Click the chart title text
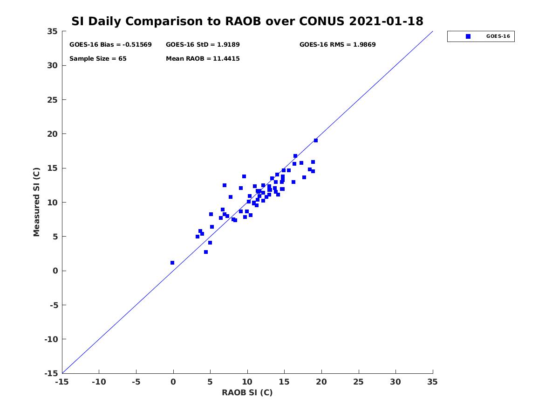click(x=247, y=21)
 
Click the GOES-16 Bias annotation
click(x=110, y=45)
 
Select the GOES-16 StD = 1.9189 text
click(x=203, y=45)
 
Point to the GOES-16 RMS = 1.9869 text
click(x=337, y=45)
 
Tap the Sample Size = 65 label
click(x=98, y=59)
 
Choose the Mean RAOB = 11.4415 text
click(x=203, y=59)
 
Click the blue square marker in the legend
click(x=468, y=36)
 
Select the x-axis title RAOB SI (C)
click(x=247, y=392)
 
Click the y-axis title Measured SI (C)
click(x=36, y=202)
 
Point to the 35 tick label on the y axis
click(x=53, y=31)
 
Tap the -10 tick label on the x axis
click(x=99, y=382)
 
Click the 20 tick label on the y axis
click(x=53, y=134)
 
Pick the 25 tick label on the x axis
click(x=358, y=382)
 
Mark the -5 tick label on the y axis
click(x=54, y=305)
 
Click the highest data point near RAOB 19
click(x=316, y=140)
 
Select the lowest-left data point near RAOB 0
click(x=172, y=263)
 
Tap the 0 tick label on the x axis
click(x=173, y=382)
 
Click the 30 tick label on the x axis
click(x=395, y=382)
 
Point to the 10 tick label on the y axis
click(x=53, y=203)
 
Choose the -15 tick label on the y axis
click(x=51, y=374)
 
